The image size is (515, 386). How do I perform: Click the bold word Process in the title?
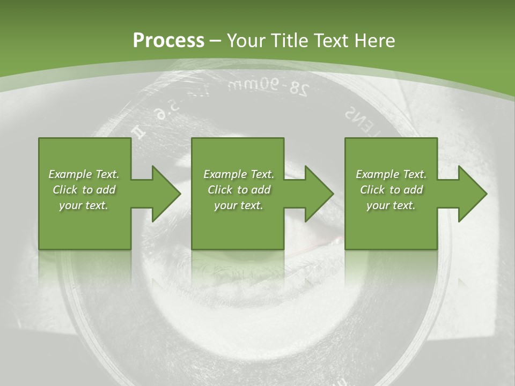(168, 41)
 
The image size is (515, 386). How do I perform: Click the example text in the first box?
(84, 190)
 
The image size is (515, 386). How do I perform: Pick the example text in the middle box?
(239, 190)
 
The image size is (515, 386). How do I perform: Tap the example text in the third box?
(391, 190)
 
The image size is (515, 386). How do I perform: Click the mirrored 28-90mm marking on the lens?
(268, 87)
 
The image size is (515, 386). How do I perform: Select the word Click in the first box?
(65, 190)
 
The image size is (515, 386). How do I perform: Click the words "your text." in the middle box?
(239, 205)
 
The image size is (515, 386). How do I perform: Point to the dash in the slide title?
(216, 41)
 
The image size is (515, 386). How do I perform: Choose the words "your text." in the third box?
(391, 205)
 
